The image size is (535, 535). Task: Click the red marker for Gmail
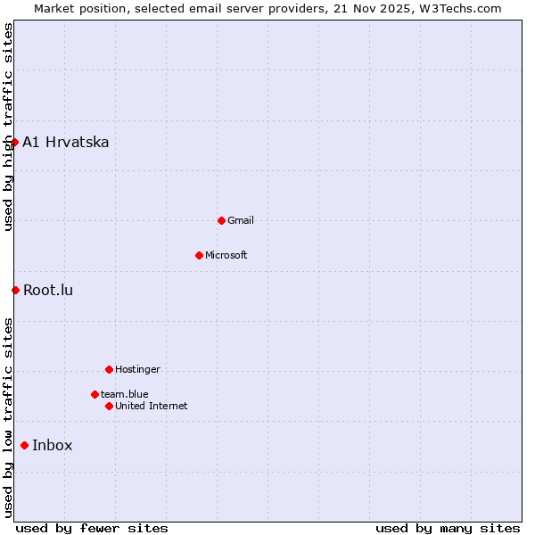pyautogui.click(x=222, y=220)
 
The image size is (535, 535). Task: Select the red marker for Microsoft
pyautogui.click(x=200, y=255)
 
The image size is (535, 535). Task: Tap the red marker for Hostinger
pyautogui.click(x=109, y=369)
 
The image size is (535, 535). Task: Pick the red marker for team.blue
pyautogui.click(x=95, y=394)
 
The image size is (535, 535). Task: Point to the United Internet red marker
pyautogui.click(x=109, y=406)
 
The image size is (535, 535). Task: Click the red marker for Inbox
pyautogui.click(x=24, y=446)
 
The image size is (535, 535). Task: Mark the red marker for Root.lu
pyautogui.click(x=15, y=290)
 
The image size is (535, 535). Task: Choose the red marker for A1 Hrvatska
pyautogui.click(x=14, y=142)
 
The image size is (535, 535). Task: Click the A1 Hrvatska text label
pyautogui.click(x=66, y=142)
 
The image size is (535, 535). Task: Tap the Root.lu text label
pyautogui.click(x=48, y=290)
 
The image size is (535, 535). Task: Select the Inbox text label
pyautogui.click(x=53, y=446)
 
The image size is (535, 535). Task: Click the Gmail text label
pyautogui.click(x=241, y=220)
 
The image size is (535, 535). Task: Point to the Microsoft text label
pyautogui.click(x=226, y=255)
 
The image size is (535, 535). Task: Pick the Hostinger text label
pyautogui.click(x=138, y=369)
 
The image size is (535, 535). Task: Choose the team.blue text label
pyautogui.click(x=125, y=394)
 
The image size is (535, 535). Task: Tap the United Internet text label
pyautogui.click(x=152, y=406)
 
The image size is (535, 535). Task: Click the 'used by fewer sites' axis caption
pyautogui.click(x=92, y=528)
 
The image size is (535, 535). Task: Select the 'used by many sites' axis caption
pyautogui.click(x=448, y=528)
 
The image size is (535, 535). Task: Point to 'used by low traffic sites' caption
pyautogui.click(x=9, y=417)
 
